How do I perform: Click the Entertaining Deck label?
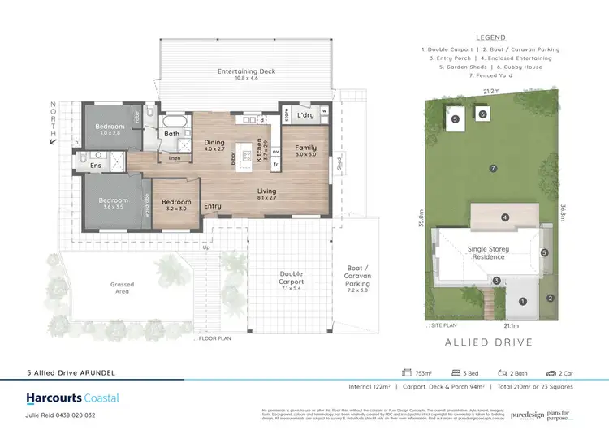(x=246, y=71)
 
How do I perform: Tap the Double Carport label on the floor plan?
(x=292, y=277)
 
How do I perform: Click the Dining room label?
(x=214, y=145)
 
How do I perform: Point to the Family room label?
(x=305, y=150)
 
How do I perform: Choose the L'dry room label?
(x=305, y=115)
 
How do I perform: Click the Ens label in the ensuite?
(x=96, y=165)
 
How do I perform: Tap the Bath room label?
(x=172, y=134)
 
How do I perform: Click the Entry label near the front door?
(x=213, y=206)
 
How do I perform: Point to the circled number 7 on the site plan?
(x=492, y=168)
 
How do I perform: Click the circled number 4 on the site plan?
(x=504, y=217)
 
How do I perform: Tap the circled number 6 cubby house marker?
(x=482, y=115)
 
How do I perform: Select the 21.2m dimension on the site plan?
(x=488, y=92)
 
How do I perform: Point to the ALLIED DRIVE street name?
(x=489, y=342)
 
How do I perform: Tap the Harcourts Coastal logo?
(x=72, y=398)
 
